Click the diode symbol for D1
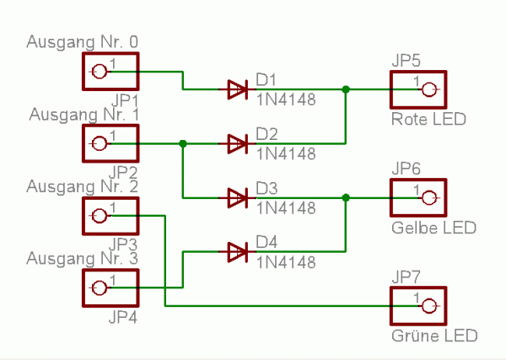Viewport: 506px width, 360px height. point(237,89)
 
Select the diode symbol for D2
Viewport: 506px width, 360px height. point(237,144)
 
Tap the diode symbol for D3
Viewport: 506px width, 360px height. point(237,198)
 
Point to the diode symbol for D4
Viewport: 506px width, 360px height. point(237,251)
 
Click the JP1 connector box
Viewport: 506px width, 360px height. point(110,72)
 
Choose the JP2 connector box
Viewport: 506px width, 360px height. point(110,144)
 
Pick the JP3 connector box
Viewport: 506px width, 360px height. point(110,216)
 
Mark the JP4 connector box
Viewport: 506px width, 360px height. point(110,287)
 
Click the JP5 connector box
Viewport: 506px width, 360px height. point(417,89)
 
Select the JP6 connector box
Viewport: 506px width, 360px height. point(417,198)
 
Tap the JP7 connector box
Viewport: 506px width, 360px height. point(417,306)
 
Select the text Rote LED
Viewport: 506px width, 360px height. point(428,120)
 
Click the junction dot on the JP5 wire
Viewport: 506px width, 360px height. point(345,89)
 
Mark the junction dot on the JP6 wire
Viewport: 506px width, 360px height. point(345,198)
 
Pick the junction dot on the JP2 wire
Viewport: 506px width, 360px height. point(183,144)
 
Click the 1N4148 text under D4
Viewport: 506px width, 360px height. point(286,262)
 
